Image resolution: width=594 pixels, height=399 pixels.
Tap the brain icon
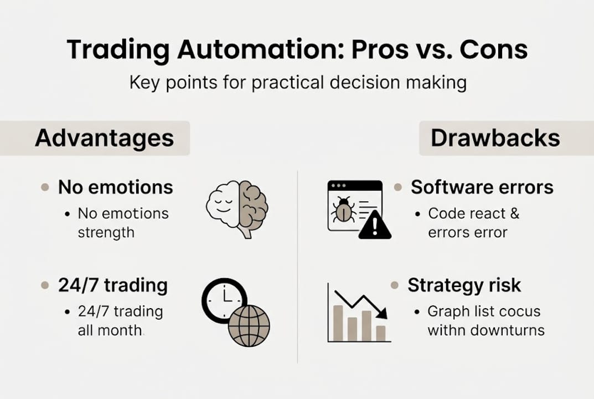click(237, 208)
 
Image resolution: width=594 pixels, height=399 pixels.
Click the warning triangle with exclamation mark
click(375, 226)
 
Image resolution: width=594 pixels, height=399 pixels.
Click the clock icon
click(223, 299)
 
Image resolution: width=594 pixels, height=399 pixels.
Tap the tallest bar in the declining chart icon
click(338, 323)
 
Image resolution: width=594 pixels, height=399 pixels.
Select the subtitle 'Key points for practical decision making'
click(297, 83)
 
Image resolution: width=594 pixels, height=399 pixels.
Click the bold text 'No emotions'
click(115, 187)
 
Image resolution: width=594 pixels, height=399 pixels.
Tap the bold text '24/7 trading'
click(112, 285)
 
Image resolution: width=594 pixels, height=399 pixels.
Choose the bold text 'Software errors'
click(482, 187)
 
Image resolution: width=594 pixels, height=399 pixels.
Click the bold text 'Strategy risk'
click(464, 285)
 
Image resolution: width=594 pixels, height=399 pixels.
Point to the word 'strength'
click(106, 232)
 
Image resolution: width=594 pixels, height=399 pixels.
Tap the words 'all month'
click(110, 331)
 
